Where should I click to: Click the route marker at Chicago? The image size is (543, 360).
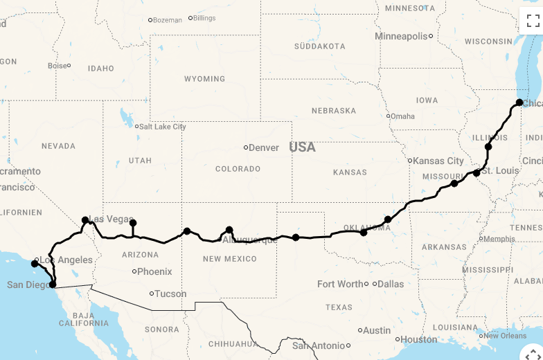click(x=519, y=102)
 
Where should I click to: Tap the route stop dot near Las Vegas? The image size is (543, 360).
click(x=85, y=220)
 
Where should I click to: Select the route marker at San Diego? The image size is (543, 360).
click(x=53, y=284)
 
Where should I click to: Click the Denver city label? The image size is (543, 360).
click(x=263, y=147)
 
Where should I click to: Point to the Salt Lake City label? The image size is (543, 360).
click(x=163, y=127)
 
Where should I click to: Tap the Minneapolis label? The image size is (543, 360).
click(x=401, y=36)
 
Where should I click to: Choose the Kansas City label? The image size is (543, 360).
click(x=438, y=161)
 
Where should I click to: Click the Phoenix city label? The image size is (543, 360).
click(x=154, y=271)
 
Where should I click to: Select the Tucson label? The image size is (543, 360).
click(x=170, y=294)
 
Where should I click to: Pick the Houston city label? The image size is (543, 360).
click(x=419, y=339)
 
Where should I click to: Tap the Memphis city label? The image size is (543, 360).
click(x=499, y=239)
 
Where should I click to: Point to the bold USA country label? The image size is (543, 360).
click(x=302, y=147)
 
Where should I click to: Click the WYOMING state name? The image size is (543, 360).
click(x=204, y=79)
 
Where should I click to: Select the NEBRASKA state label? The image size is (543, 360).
click(x=334, y=111)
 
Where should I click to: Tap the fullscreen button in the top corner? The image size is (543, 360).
click(x=532, y=20)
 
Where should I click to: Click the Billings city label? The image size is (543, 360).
click(x=204, y=18)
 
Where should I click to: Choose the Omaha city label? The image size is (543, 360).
click(x=402, y=116)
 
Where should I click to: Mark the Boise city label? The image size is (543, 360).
click(x=57, y=66)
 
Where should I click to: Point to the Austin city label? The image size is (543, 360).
click(x=377, y=330)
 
